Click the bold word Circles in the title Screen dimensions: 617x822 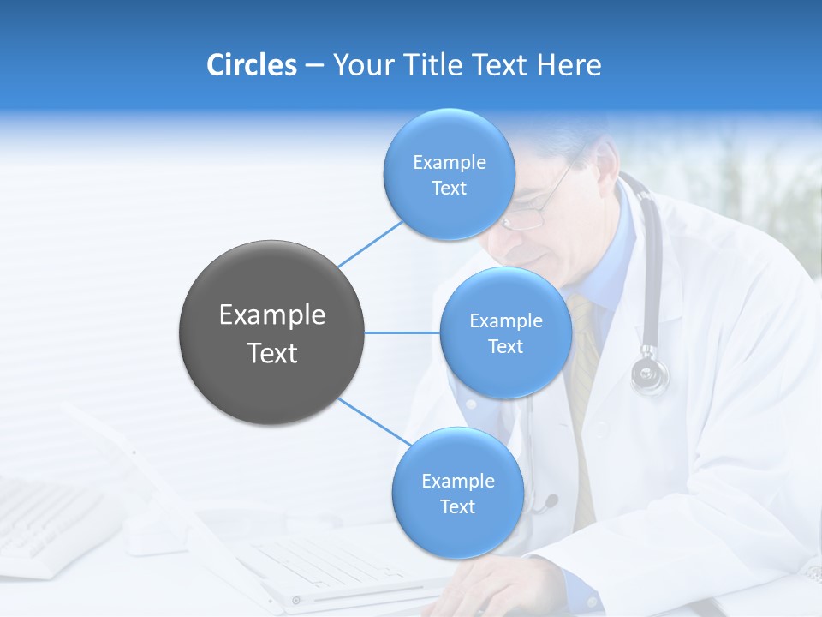[x=251, y=65]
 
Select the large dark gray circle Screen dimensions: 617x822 [x=272, y=332]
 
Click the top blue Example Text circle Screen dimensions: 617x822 [x=449, y=175]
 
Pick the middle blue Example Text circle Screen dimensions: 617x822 [x=505, y=332]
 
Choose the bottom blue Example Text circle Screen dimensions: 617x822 [x=457, y=493]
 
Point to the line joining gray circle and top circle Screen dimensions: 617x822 [x=370, y=244]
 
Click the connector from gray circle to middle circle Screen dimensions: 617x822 [x=402, y=332]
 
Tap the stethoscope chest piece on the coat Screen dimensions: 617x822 [x=650, y=374]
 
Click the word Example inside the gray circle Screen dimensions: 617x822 [x=272, y=315]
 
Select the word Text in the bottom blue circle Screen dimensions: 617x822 [x=457, y=506]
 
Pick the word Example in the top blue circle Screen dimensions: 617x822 [x=449, y=162]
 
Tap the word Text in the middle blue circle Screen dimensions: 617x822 [x=505, y=346]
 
